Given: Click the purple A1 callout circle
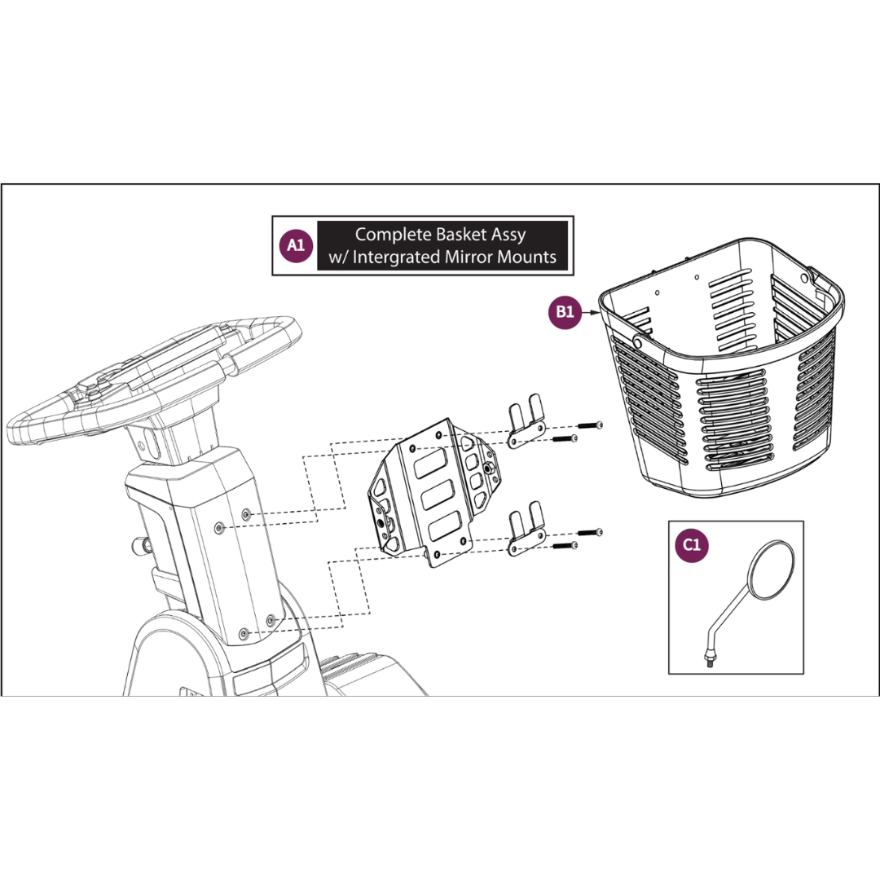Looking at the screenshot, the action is tap(296, 245).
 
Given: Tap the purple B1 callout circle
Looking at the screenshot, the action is tap(565, 311).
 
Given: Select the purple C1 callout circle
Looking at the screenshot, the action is tap(692, 544).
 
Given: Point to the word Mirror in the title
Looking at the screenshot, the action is tap(469, 257).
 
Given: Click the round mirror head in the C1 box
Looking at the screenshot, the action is tap(772, 569).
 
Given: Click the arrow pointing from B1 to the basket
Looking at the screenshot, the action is tap(591, 312).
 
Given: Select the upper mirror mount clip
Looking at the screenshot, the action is tap(526, 421).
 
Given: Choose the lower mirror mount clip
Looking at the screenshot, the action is tap(526, 529).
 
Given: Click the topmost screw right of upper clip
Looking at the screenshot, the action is tap(590, 425).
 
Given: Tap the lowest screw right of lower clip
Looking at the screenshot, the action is tap(565, 545).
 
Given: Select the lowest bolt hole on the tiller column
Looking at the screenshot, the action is tap(244, 634).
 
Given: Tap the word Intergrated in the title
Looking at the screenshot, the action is tap(396, 257).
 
